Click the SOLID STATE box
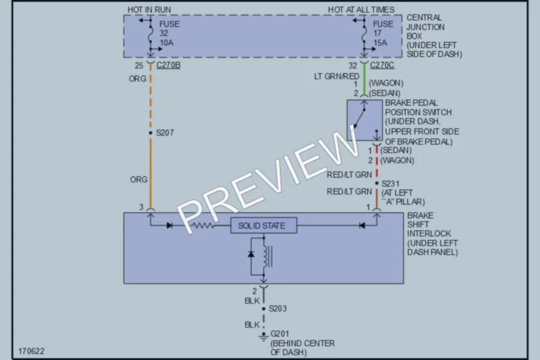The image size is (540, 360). point(264,226)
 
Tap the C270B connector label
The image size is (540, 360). point(169,65)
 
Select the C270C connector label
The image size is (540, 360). point(382,65)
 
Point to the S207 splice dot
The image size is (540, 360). point(151,133)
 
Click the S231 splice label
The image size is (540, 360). point(391,184)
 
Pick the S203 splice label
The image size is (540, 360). point(278,308)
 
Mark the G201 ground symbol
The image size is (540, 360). point(263,337)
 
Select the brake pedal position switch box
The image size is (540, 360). point(364,120)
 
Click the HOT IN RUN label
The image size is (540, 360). point(149,10)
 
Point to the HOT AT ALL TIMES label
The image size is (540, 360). point(361,10)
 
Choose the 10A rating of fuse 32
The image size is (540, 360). point(166,43)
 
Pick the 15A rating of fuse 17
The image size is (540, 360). point(380,43)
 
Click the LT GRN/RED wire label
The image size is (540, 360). point(337,76)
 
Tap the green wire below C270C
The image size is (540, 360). point(364,80)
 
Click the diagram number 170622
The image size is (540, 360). point(31,351)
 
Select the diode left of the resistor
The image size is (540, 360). point(169,226)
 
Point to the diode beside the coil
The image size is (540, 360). point(251,254)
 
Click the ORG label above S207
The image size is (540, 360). point(137,79)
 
